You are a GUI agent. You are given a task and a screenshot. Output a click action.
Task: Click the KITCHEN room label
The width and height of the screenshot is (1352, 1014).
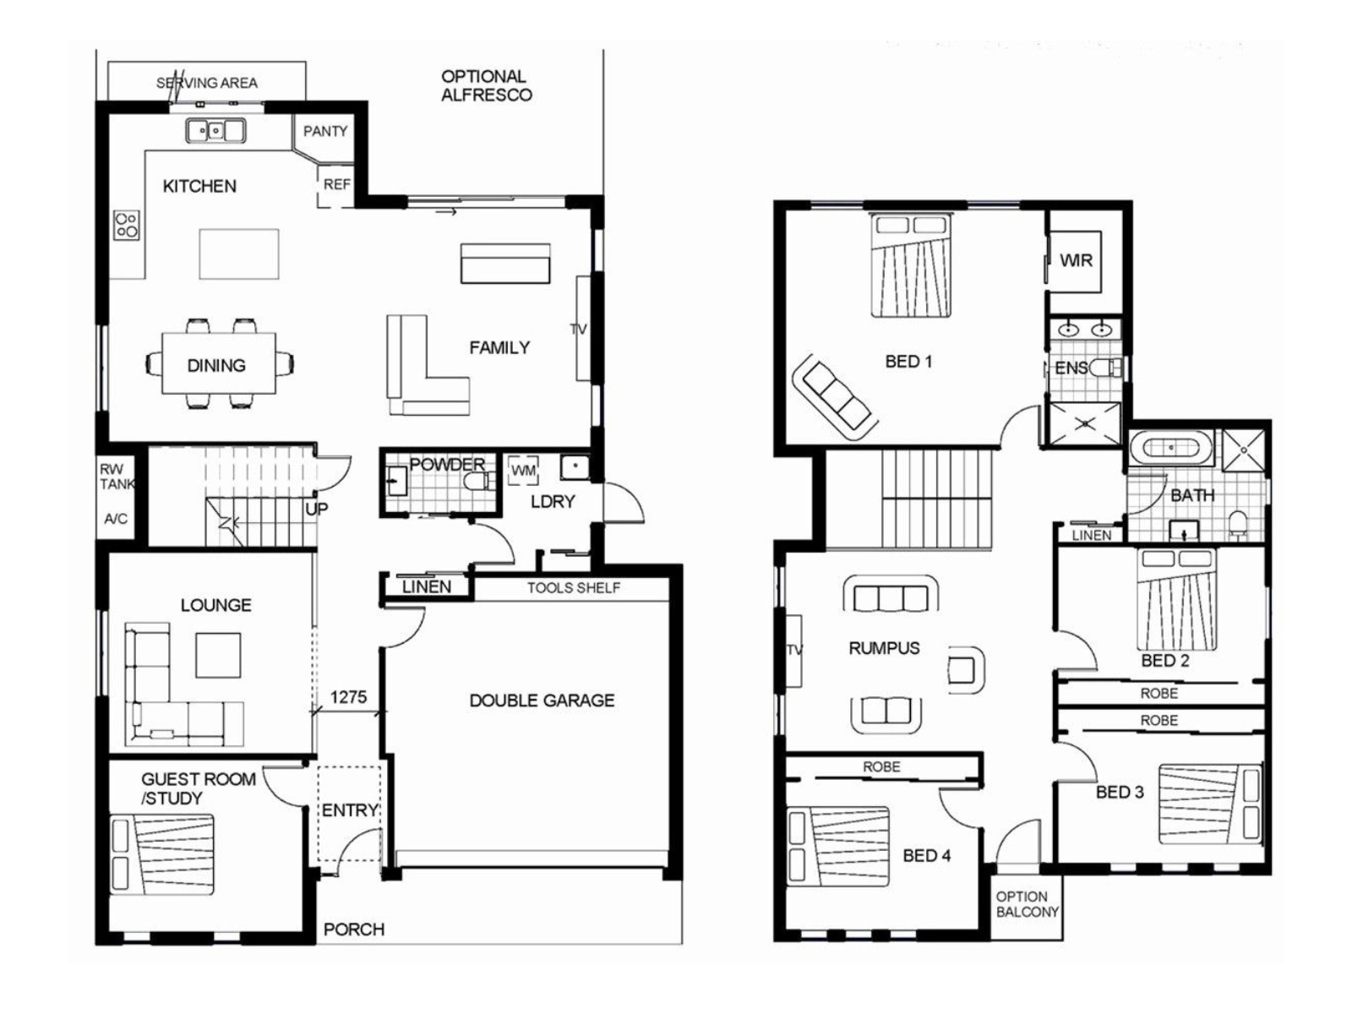[x=199, y=186]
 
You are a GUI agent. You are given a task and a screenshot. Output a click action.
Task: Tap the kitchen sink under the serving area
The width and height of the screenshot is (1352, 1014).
[x=215, y=130]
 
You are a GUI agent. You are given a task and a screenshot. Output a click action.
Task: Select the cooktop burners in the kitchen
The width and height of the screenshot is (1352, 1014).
[x=126, y=225]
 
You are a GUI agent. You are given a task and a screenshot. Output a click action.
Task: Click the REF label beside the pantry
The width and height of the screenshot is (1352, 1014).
[x=336, y=184]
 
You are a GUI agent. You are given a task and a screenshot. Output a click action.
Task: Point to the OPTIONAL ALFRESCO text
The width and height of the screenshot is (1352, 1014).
[x=486, y=85]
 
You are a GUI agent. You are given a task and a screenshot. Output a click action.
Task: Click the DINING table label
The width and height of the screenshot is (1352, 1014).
[x=216, y=366]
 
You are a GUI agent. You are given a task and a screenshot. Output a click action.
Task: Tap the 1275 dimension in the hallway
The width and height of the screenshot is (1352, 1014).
[x=348, y=697]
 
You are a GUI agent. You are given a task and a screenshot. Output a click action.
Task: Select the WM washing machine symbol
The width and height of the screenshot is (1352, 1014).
[x=523, y=471]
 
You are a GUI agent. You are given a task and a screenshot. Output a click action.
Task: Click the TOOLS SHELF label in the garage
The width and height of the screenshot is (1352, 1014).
[x=574, y=588]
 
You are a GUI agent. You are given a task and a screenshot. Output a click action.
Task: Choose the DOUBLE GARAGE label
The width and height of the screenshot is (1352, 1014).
[x=542, y=701]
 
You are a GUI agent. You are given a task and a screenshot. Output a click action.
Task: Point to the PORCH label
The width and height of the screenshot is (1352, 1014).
[x=353, y=929]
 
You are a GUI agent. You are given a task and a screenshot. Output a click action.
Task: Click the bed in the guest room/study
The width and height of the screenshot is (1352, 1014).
[x=162, y=854]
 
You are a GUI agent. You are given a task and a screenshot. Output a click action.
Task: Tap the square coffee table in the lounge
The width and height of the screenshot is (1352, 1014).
[x=218, y=655]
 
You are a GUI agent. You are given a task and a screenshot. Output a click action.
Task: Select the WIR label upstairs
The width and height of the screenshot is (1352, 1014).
[x=1076, y=260]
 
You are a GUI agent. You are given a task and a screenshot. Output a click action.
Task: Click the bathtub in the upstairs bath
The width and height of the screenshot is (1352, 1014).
[x=1169, y=448]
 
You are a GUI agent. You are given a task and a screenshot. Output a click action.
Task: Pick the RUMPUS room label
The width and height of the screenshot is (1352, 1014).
[x=884, y=647]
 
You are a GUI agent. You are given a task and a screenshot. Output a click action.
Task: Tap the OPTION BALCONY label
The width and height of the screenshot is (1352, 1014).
[x=1027, y=904]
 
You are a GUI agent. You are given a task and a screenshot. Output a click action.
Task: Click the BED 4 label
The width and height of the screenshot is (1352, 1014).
[x=926, y=855]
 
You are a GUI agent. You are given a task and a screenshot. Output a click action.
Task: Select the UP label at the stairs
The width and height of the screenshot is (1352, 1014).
[x=317, y=510]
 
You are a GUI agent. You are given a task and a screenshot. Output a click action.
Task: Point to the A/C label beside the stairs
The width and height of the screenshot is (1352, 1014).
[x=116, y=518]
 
